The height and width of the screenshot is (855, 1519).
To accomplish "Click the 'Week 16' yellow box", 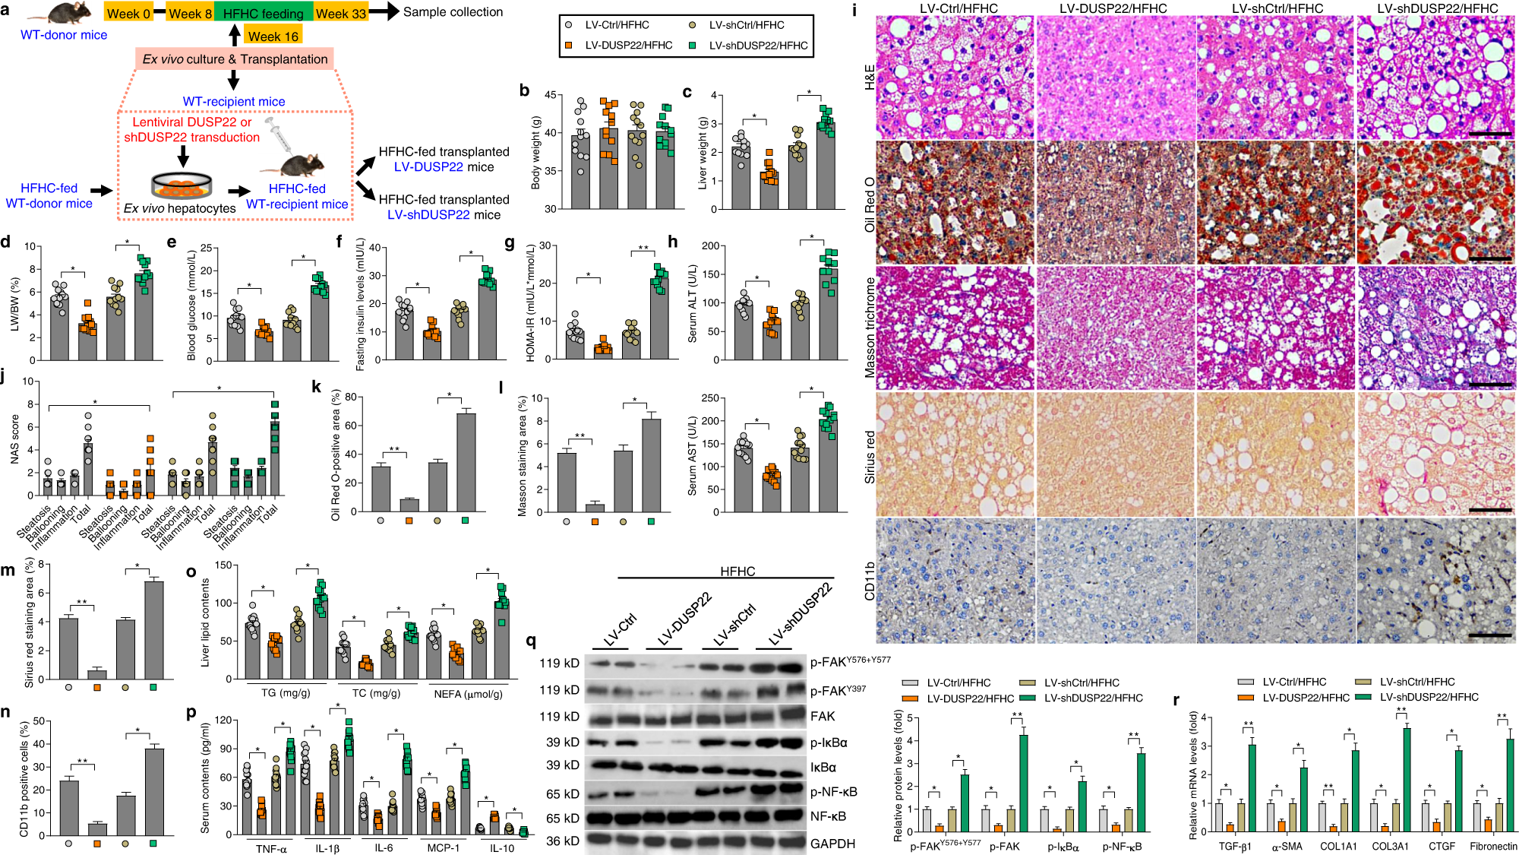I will point(273,36).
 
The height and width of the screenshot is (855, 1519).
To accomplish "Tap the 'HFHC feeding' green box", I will point(263,13).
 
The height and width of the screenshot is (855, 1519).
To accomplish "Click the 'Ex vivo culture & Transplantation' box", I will point(235,59).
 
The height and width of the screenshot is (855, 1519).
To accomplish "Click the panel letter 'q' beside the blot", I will point(532,641).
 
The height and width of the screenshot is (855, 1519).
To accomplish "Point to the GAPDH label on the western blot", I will point(832,844).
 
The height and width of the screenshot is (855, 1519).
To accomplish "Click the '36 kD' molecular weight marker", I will point(563,841).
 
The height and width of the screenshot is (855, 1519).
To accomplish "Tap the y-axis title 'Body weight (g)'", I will point(535,152).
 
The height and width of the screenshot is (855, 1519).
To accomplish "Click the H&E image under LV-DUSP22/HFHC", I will point(1115,78).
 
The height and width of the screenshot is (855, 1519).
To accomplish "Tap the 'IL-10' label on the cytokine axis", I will point(501,848).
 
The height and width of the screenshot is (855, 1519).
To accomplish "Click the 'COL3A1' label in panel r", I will point(1390,846).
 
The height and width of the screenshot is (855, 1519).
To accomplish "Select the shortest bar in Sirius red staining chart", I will point(97,674).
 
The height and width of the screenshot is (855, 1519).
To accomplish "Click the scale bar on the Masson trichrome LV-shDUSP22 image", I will point(1490,385).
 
